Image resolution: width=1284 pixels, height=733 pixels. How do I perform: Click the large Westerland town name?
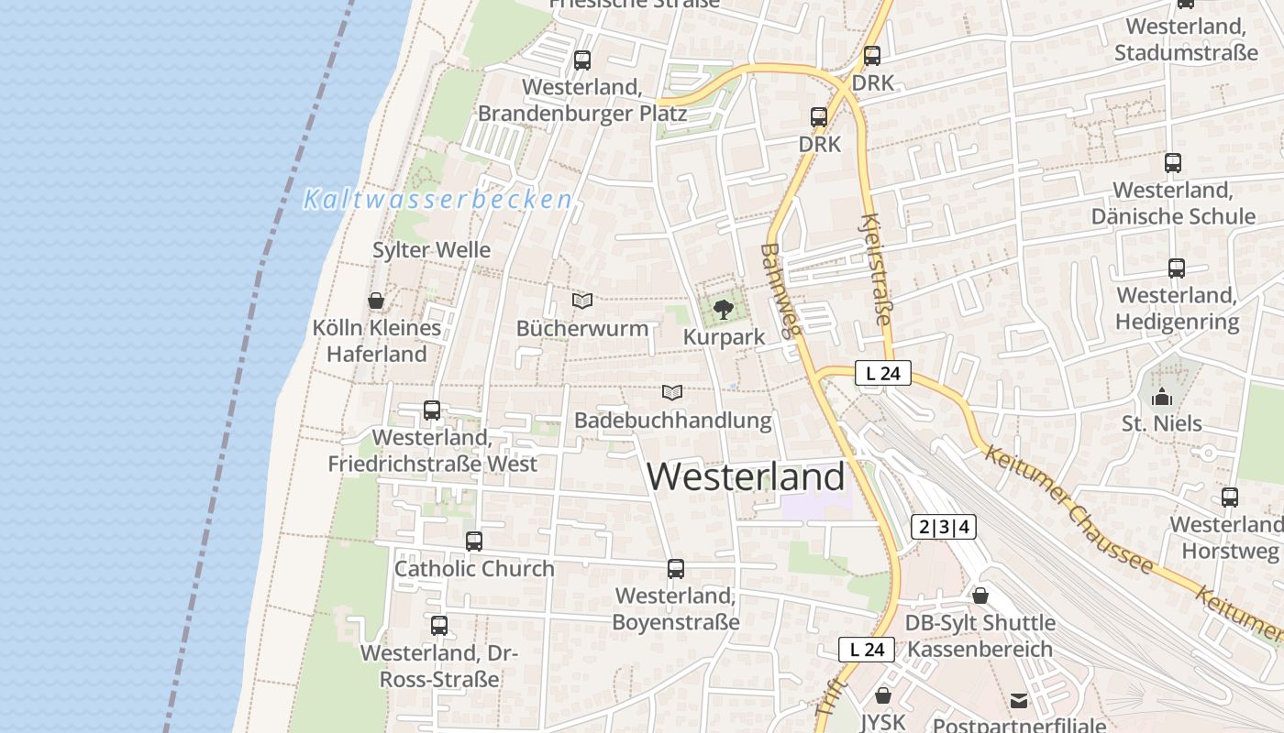click(x=746, y=477)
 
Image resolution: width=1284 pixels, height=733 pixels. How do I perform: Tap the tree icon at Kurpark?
click(x=724, y=309)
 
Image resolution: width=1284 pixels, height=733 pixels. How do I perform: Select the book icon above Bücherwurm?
click(x=582, y=301)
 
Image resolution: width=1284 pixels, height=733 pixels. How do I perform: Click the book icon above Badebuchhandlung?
click(x=672, y=393)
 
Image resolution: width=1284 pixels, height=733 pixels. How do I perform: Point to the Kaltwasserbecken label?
click(x=437, y=199)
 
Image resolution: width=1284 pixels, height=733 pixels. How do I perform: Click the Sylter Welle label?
click(x=431, y=250)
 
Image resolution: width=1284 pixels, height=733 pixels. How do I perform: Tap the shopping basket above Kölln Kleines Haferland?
click(x=376, y=301)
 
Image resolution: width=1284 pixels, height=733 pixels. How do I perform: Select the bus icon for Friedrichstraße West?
click(x=432, y=410)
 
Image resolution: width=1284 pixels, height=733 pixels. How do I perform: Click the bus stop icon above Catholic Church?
click(x=474, y=542)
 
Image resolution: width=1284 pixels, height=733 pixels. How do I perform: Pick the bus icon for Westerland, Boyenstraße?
click(x=676, y=569)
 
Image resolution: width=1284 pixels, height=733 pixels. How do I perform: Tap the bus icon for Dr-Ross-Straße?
click(x=439, y=626)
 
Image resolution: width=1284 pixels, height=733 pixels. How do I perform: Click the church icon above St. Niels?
click(x=1162, y=397)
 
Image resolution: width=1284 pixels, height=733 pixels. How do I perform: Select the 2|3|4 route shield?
click(x=943, y=527)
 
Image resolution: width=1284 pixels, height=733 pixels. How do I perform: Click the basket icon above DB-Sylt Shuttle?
click(x=980, y=596)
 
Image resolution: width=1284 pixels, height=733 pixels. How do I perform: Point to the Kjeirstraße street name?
click(x=876, y=269)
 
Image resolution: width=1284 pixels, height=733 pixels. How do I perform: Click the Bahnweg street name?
click(x=781, y=291)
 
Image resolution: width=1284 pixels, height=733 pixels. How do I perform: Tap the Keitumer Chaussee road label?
click(x=1068, y=509)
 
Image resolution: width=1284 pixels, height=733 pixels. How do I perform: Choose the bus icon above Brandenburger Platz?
click(x=582, y=60)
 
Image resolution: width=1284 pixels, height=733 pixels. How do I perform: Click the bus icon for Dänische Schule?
click(x=1173, y=163)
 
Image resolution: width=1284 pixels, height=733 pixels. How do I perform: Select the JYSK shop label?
click(x=882, y=722)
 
